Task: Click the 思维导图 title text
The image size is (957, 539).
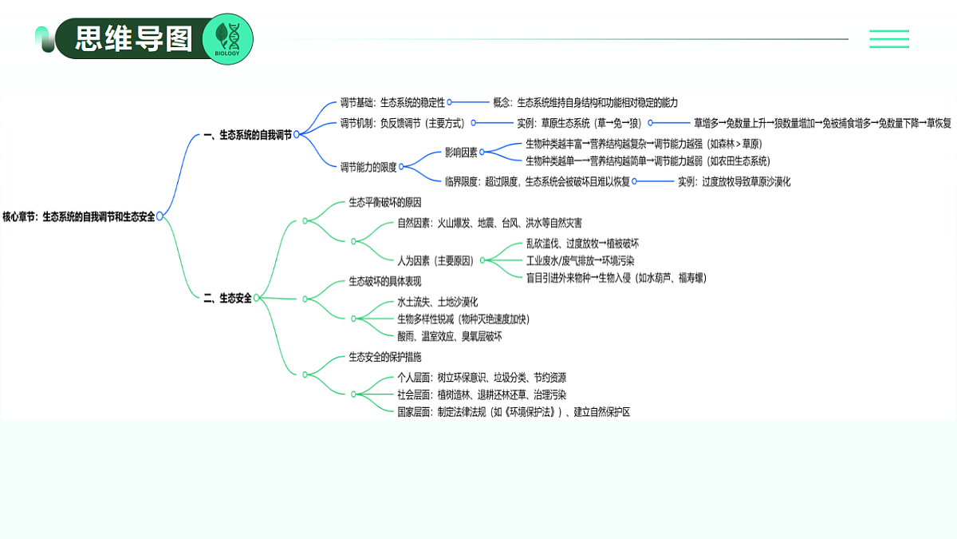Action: (134, 38)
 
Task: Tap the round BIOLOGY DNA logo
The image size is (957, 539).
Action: (227, 39)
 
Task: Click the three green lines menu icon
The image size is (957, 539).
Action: (889, 39)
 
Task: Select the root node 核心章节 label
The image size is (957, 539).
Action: (79, 217)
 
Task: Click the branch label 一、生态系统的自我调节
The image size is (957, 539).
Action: (248, 135)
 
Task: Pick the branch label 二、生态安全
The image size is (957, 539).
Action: (228, 298)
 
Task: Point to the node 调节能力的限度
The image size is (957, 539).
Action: (368, 167)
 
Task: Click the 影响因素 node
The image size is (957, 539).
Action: (461, 153)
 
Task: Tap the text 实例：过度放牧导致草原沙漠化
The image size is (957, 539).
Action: (734, 182)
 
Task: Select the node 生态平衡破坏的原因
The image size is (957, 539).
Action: (385, 202)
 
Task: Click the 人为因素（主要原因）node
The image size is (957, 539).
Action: (435, 260)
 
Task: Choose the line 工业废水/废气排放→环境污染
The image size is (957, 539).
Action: (581, 260)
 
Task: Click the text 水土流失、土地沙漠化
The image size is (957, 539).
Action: (438, 302)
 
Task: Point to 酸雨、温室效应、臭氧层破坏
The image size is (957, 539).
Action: (450, 336)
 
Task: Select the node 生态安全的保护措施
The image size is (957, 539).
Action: (385, 357)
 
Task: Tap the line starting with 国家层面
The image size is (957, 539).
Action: (514, 412)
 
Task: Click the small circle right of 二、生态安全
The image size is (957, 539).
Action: (256, 298)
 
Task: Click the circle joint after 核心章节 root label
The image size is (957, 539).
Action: (159, 216)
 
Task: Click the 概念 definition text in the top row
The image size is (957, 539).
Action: (585, 103)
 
